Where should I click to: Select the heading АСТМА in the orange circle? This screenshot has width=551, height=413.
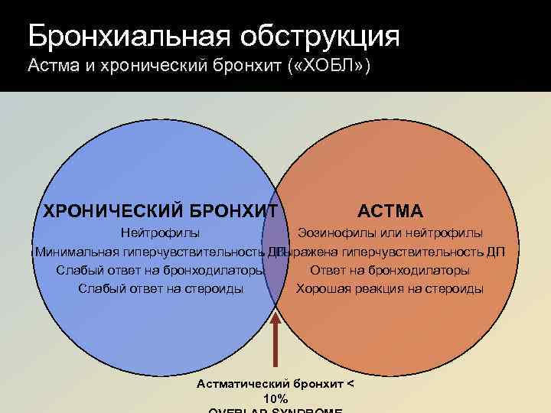click(x=390, y=210)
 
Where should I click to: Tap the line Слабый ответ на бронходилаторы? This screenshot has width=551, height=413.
click(x=160, y=270)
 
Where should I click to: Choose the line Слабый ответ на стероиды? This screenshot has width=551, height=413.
click(x=161, y=288)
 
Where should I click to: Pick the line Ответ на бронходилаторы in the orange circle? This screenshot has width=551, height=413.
click(x=390, y=270)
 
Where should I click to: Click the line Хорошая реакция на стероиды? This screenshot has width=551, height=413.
click(x=390, y=288)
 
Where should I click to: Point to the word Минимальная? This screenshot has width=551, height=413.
click(x=77, y=252)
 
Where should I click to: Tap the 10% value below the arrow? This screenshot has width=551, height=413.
click(x=275, y=398)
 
